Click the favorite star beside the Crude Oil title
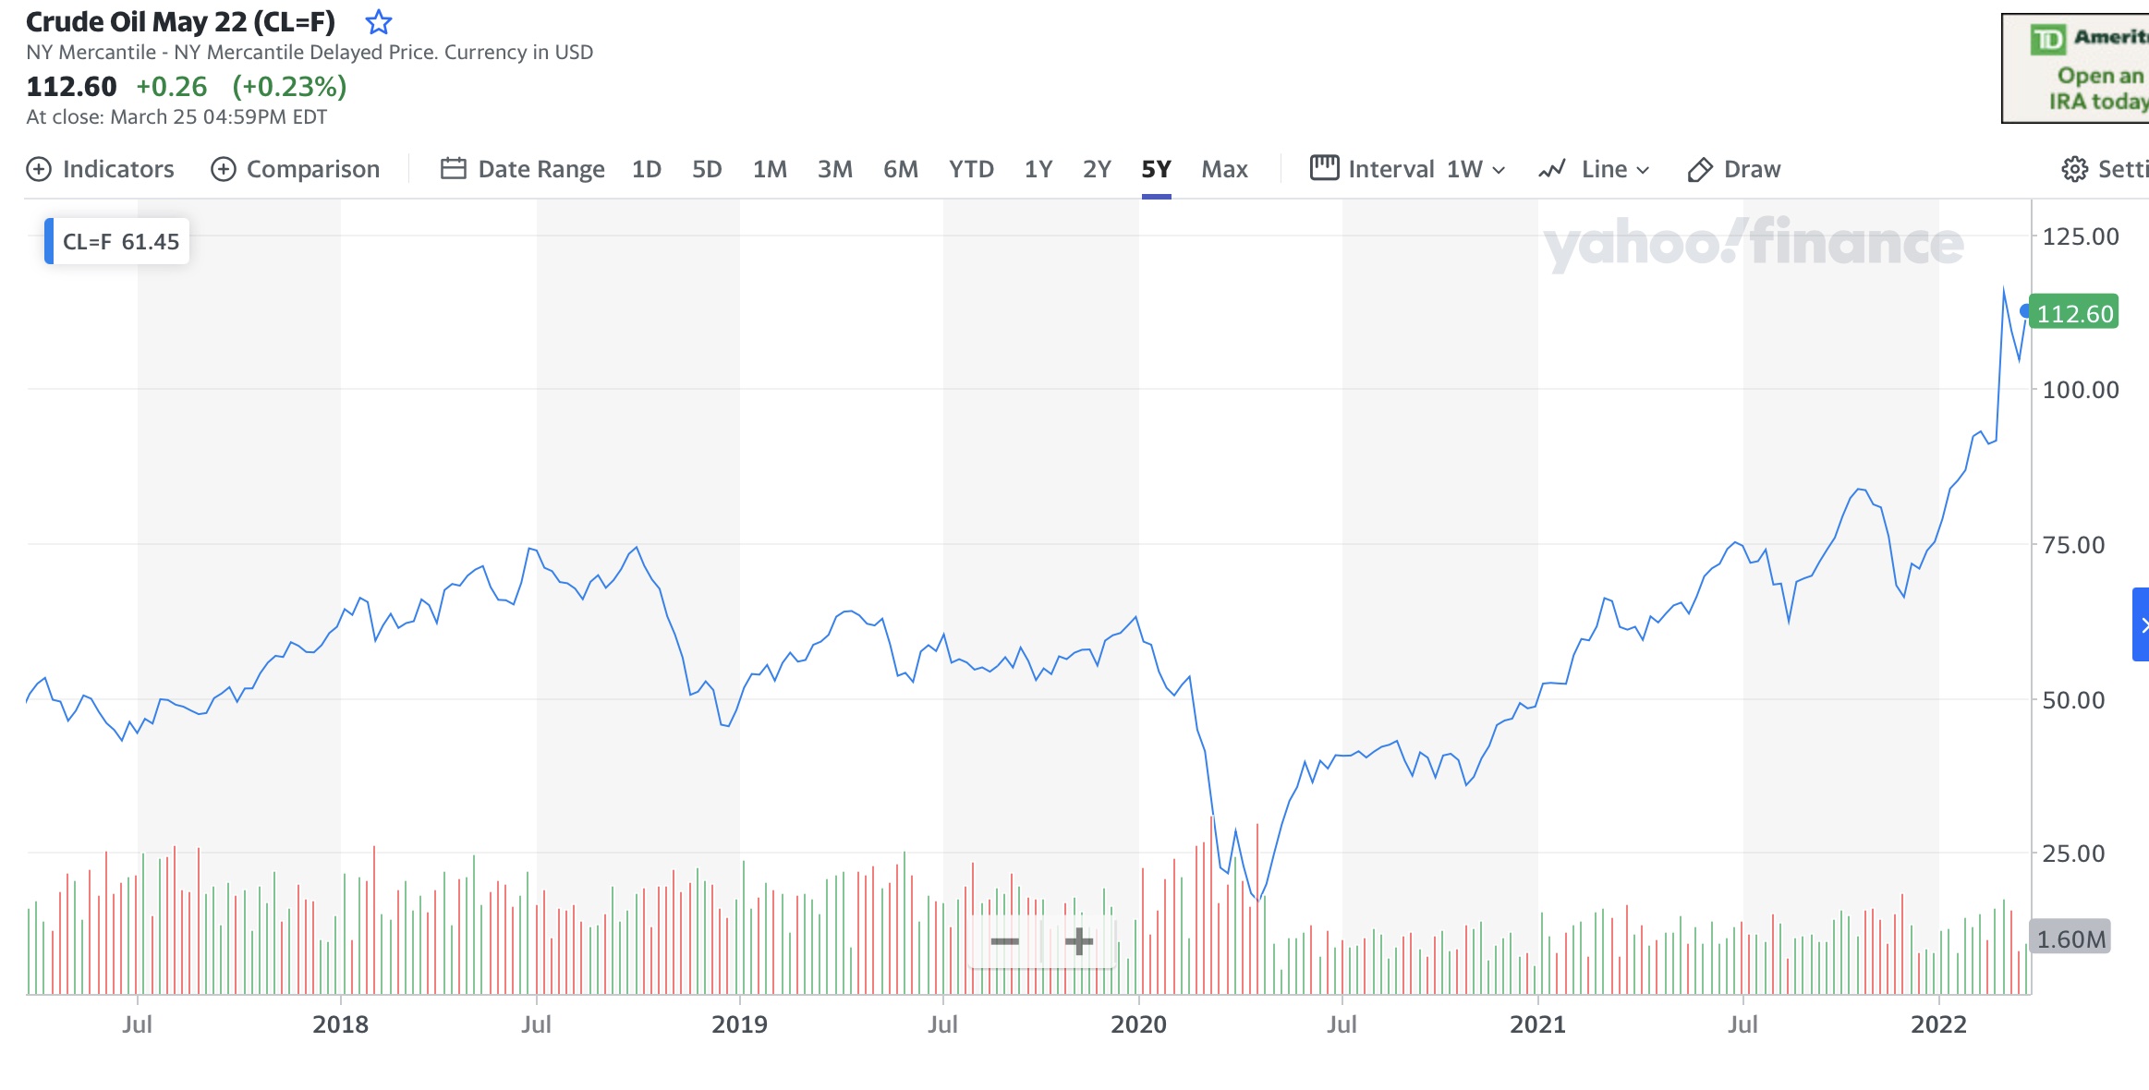tap(379, 22)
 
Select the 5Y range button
tap(1156, 169)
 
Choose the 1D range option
tap(646, 169)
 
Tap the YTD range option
tap(971, 169)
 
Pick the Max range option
tap(1224, 169)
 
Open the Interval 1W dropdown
tap(1408, 169)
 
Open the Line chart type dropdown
tap(1595, 169)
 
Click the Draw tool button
tap(1734, 169)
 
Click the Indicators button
tap(101, 169)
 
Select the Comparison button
tap(296, 169)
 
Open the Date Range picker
tap(523, 169)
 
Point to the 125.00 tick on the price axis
tap(2080, 236)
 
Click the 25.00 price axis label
tap(2073, 854)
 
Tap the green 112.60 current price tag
tap(2074, 314)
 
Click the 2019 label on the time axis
tap(739, 1023)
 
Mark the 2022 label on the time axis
tap(1938, 1023)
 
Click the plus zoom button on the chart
tap(1078, 941)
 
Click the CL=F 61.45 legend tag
tap(119, 242)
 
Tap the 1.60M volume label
tap(2070, 939)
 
